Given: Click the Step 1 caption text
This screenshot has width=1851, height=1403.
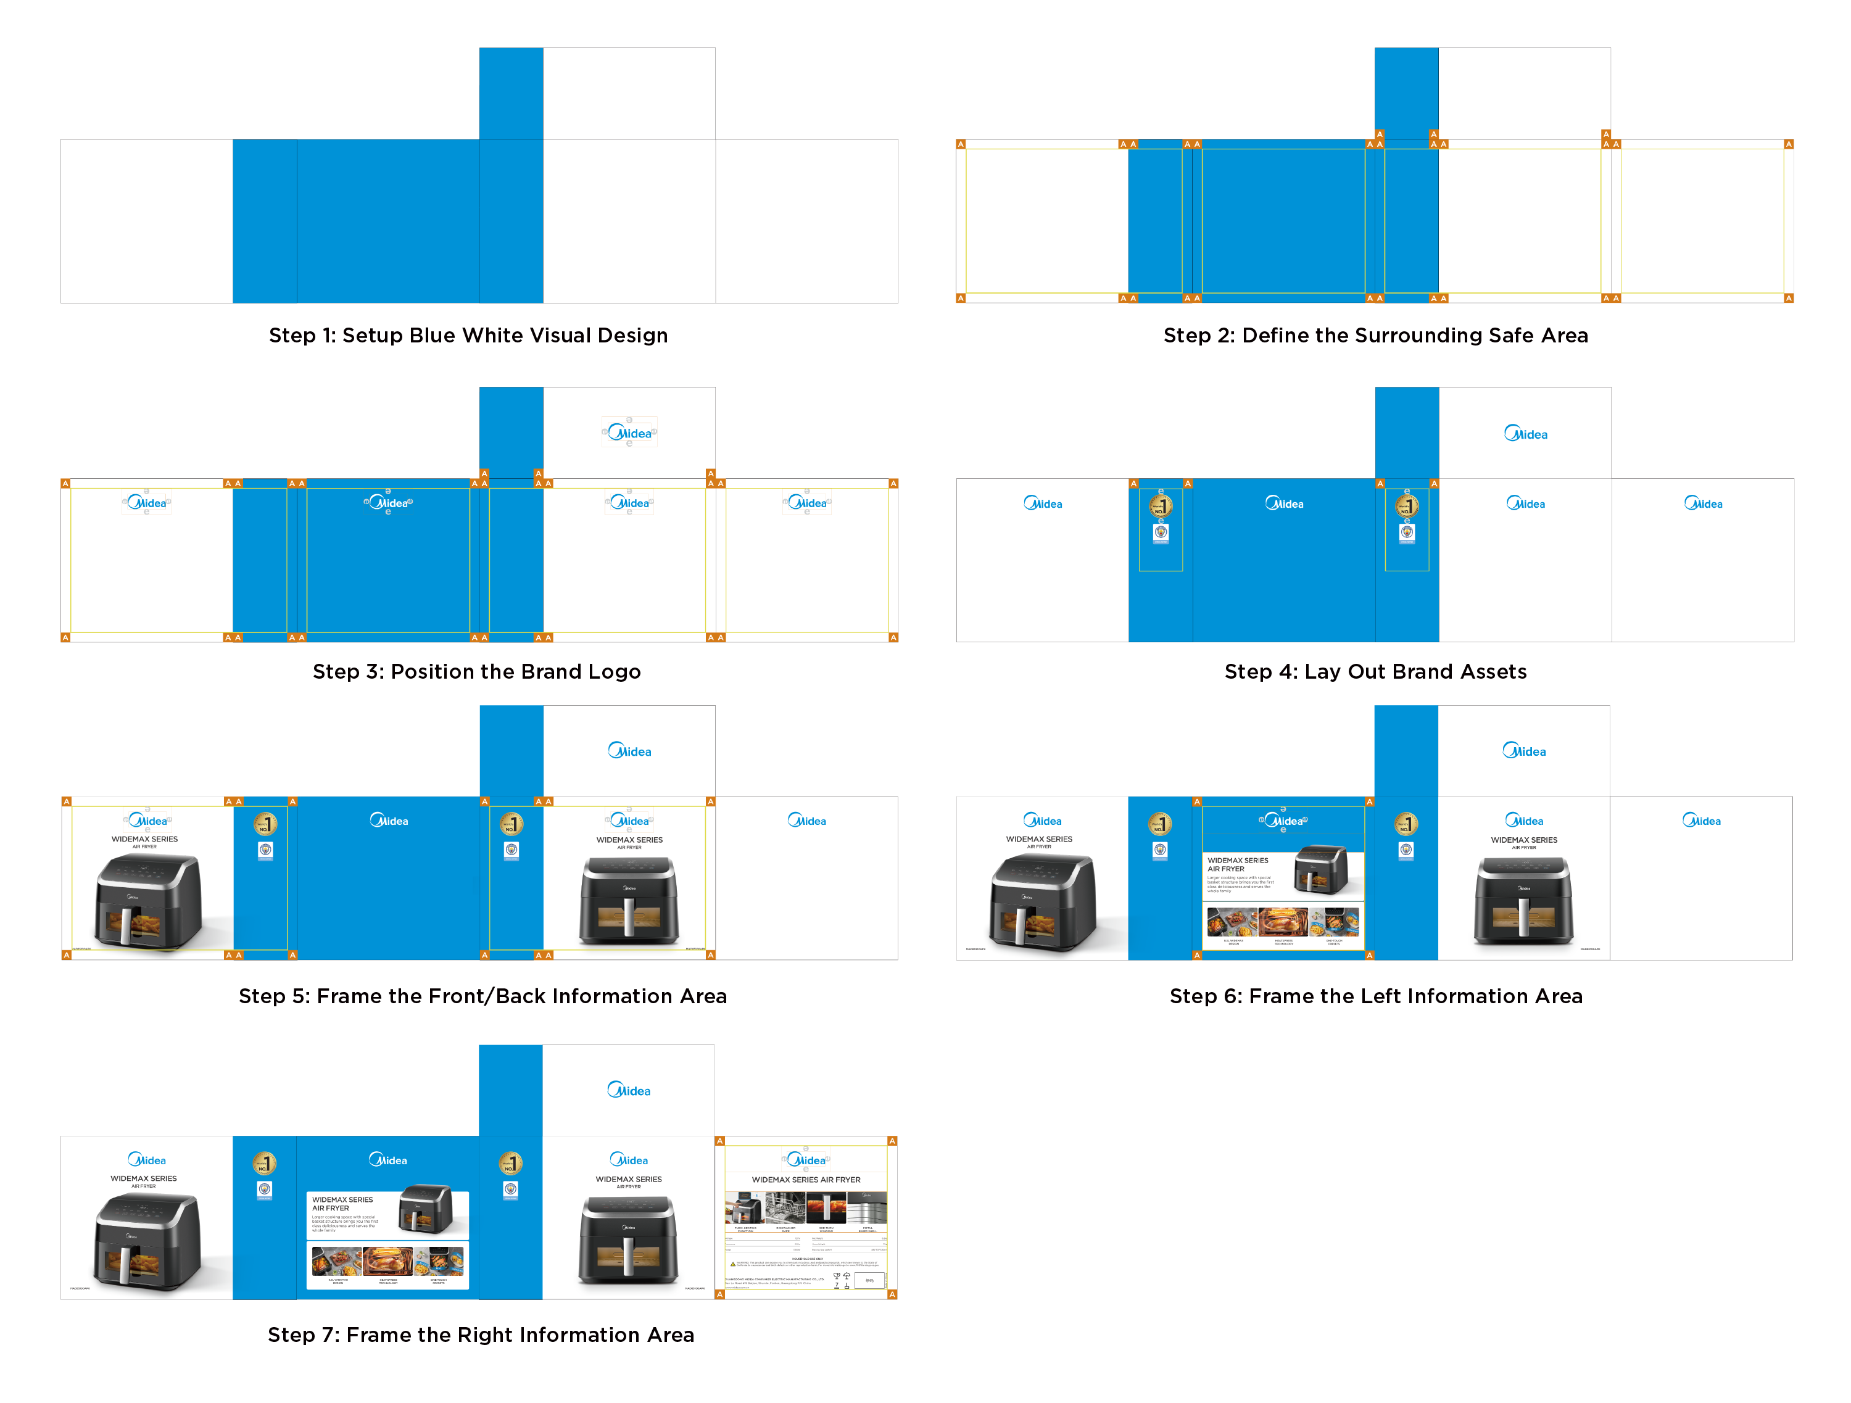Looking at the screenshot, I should (x=468, y=336).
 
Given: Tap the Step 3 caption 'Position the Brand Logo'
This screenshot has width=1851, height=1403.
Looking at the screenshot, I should (x=476, y=672).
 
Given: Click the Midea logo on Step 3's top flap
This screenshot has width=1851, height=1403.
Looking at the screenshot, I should (x=629, y=433).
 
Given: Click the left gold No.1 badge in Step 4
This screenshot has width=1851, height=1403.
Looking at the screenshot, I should (x=1160, y=505).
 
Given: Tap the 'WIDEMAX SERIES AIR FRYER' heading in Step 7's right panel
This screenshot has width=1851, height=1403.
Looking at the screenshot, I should (x=805, y=1180).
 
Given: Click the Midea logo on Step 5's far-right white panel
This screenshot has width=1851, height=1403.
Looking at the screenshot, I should (x=806, y=821).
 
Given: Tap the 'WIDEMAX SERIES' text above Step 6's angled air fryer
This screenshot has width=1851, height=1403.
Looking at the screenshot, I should (x=1038, y=839).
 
